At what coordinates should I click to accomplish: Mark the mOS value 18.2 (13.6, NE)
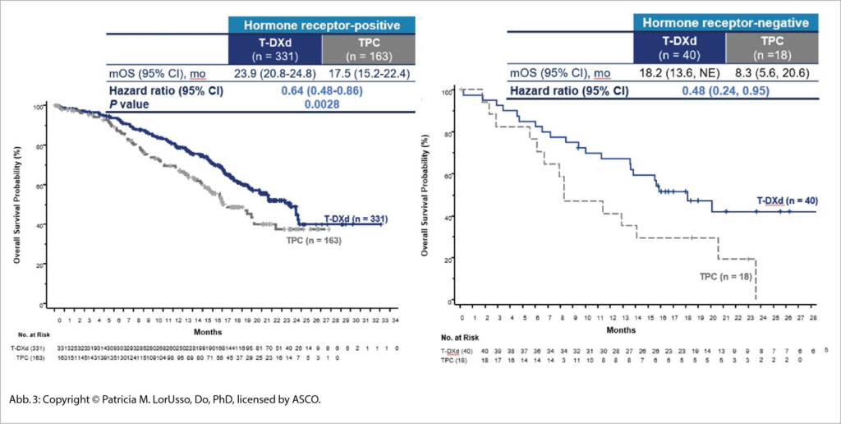pyautogui.click(x=680, y=73)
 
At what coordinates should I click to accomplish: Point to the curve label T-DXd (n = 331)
pyautogui.click(x=355, y=219)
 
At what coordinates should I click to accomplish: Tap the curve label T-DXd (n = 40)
pyautogui.click(x=786, y=200)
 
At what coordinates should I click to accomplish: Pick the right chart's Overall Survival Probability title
pyautogui.click(x=426, y=196)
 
